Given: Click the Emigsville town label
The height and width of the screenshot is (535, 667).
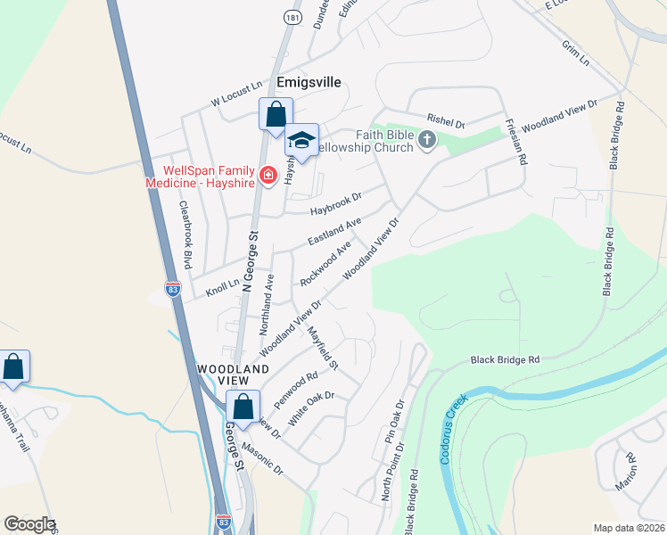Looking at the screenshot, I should click(x=309, y=81).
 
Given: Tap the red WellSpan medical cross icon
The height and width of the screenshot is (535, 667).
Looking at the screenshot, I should click(x=268, y=175).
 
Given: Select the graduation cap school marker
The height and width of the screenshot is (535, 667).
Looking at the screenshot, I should click(x=302, y=141).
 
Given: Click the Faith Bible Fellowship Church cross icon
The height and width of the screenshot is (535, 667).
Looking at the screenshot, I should click(x=427, y=139).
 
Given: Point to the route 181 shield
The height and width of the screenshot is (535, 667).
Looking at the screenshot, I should click(x=292, y=17).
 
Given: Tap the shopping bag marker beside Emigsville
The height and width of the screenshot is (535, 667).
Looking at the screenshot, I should click(x=276, y=115).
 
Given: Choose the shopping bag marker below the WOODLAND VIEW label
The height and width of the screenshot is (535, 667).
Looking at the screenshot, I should click(x=243, y=407).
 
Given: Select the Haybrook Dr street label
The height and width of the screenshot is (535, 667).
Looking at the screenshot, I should click(x=336, y=204).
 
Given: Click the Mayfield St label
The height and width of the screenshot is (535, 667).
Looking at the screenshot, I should click(x=323, y=349).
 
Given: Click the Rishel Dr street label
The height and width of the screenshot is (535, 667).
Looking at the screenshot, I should click(x=447, y=119).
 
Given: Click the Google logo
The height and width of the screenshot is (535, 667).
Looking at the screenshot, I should click(x=29, y=524).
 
